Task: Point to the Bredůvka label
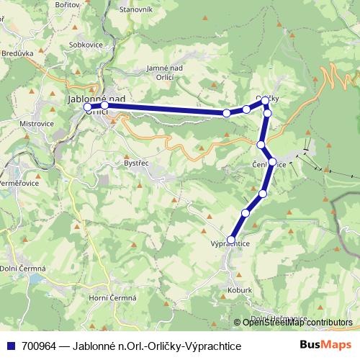click(19, 52)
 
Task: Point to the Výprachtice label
click(230, 244)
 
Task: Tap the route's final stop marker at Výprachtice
click(231, 239)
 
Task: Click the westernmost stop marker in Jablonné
click(88, 107)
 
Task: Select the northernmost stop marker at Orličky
click(265, 100)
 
